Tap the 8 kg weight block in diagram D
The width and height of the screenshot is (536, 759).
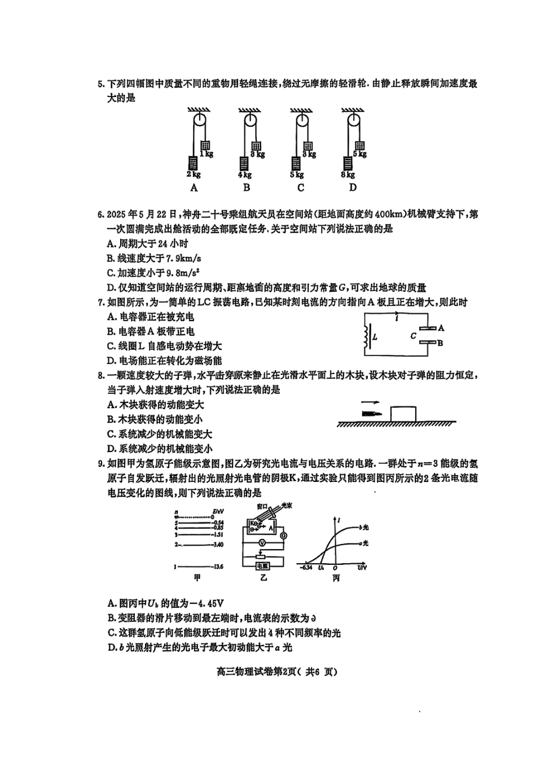[x=348, y=163]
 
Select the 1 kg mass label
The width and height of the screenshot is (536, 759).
[x=207, y=154]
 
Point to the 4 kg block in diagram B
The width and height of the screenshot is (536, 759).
[x=244, y=164]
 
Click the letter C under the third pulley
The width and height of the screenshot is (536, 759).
[x=301, y=188]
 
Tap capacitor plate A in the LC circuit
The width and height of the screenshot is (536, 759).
[x=428, y=328]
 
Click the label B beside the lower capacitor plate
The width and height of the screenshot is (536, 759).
[x=440, y=343]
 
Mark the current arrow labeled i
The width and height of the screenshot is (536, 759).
[x=397, y=317]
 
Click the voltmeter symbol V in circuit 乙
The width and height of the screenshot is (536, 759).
[x=262, y=542]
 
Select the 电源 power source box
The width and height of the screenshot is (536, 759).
[x=262, y=565]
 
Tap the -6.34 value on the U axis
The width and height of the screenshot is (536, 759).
[x=306, y=567]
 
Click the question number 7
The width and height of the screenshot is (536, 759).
[x=101, y=302]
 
